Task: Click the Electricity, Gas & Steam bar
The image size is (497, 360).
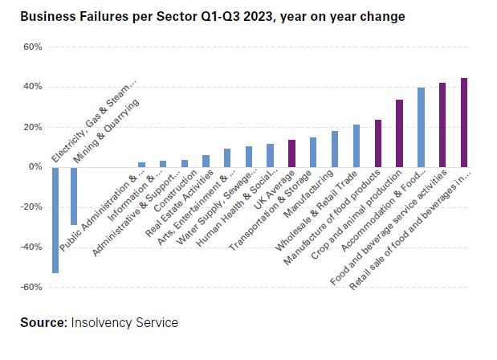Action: click(55, 220)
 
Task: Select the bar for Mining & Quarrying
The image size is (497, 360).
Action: click(74, 196)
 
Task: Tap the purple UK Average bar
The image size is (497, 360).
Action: click(291, 153)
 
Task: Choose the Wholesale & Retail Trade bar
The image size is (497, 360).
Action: click(356, 146)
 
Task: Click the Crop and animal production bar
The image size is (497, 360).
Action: click(399, 133)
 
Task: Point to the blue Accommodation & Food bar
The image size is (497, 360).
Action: click(421, 128)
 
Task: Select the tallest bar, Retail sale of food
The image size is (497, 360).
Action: click(464, 122)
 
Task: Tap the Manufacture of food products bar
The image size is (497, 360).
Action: click(378, 143)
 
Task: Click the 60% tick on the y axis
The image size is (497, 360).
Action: click(33, 47)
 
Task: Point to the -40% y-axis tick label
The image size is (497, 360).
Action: click(31, 247)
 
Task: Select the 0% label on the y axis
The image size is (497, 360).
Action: click(35, 167)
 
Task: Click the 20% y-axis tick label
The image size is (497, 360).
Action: click(33, 127)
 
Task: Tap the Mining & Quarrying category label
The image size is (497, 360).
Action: click(106, 131)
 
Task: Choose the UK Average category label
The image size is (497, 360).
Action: click(275, 190)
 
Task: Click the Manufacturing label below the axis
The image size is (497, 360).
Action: click(308, 194)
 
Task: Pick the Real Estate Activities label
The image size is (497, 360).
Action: click(179, 204)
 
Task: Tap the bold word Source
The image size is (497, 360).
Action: click(43, 322)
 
